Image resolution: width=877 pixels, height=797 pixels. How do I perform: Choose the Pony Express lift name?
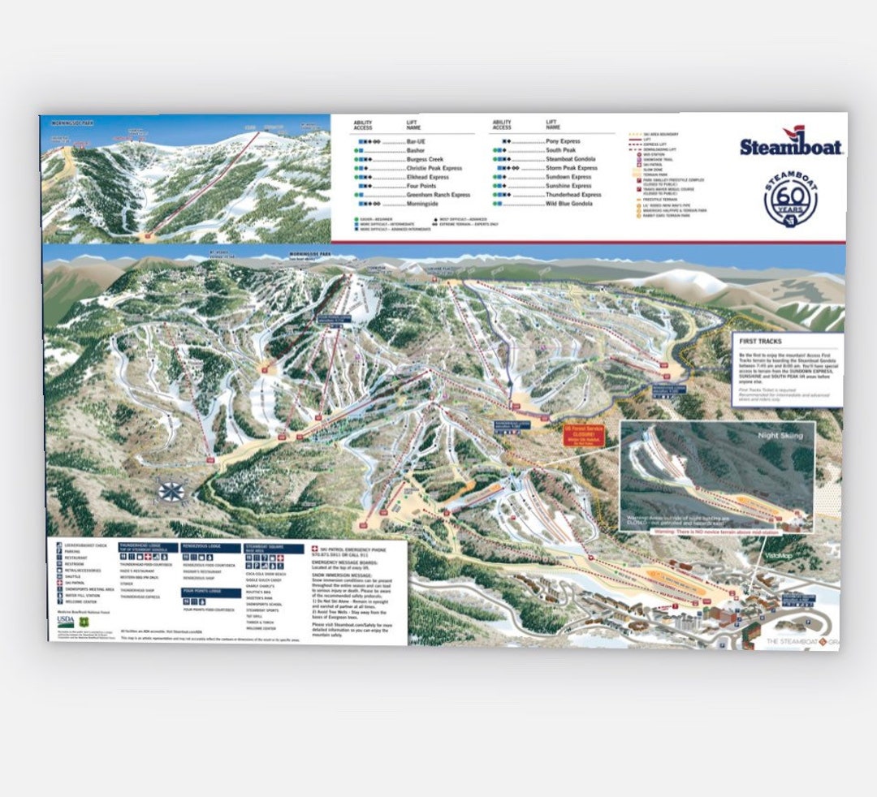click(x=564, y=141)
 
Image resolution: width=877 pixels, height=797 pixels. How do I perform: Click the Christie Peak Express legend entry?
click(x=434, y=168)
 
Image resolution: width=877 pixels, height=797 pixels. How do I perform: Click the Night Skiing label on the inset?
click(x=780, y=436)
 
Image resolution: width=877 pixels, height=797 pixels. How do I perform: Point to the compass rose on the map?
click(x=171, y=490)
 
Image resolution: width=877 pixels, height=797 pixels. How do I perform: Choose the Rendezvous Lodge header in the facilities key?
click(x=210, y=548)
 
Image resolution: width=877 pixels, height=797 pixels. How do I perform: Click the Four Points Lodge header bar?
click(x=210, y=592)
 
